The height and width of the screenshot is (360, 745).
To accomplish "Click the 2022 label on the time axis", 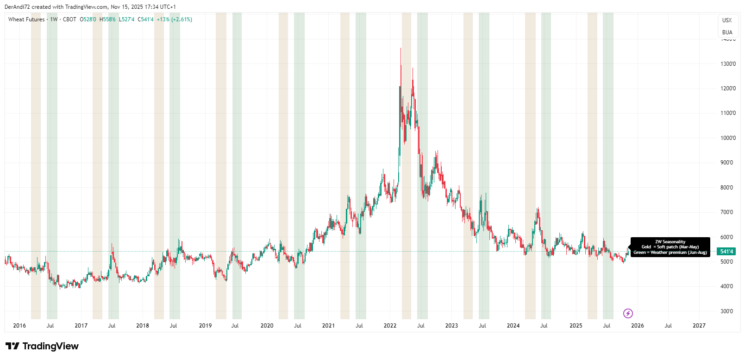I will pyautogui.click(x=390, y=326).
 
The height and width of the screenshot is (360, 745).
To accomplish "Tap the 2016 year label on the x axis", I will pyautogui.click(x=19, y=326).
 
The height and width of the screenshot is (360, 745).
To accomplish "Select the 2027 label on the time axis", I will pyautogui.click(x=699, y=326).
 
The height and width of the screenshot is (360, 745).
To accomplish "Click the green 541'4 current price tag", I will pyautogui.click(x=726, y=252).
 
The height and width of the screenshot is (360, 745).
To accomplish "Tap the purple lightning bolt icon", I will pyautogui.click(x=628, y=314).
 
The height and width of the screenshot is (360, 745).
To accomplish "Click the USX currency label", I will pyautogui.click(x=727, y=20).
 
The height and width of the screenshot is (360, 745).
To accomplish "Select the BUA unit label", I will pyautogui.click(x=727, y=32).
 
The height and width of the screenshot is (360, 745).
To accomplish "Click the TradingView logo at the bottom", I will pyautogui.click(x=42, y=346).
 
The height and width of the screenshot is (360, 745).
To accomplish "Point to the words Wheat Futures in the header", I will pyautogui.click(x=26, y=19).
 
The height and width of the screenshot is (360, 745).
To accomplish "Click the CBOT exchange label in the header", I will pyautogui.click(x=69, y=19).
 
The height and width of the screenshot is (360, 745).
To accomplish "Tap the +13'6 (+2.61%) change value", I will pyautogui.click(x=174, y=19).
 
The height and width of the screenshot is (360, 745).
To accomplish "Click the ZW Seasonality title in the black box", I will pyautogui.click(x=670, y=242).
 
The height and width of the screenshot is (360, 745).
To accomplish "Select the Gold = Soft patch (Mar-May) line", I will pyautogui.click(x=670, y=247).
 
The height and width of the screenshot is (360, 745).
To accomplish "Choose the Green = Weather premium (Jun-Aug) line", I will pyautogui.click(x=670, y=253).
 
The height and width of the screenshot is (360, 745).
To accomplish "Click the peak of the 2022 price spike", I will pyautogui.click(x=401, y=48).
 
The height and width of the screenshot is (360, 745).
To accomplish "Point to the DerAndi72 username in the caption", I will pyautogui.click(x=17, y=7).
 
